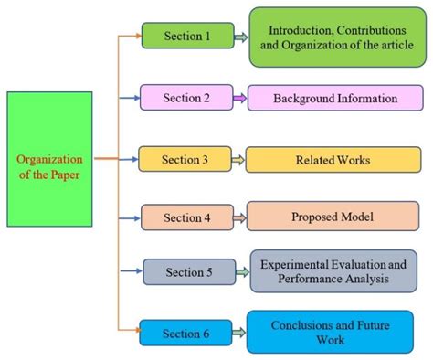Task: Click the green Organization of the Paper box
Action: tap(48, 159)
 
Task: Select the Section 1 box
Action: tap(187, 36)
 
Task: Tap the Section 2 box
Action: tap(186, 97)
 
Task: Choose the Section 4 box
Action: tap(187, 217)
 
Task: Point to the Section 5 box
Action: tap(188, 271)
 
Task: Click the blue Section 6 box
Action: tap(187, 333)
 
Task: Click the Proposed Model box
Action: tap(333, 217)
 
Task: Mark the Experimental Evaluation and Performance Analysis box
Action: tap(333, 271)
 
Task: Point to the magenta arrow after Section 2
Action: tap(240, 97)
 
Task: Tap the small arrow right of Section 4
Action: tap(239, 217)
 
